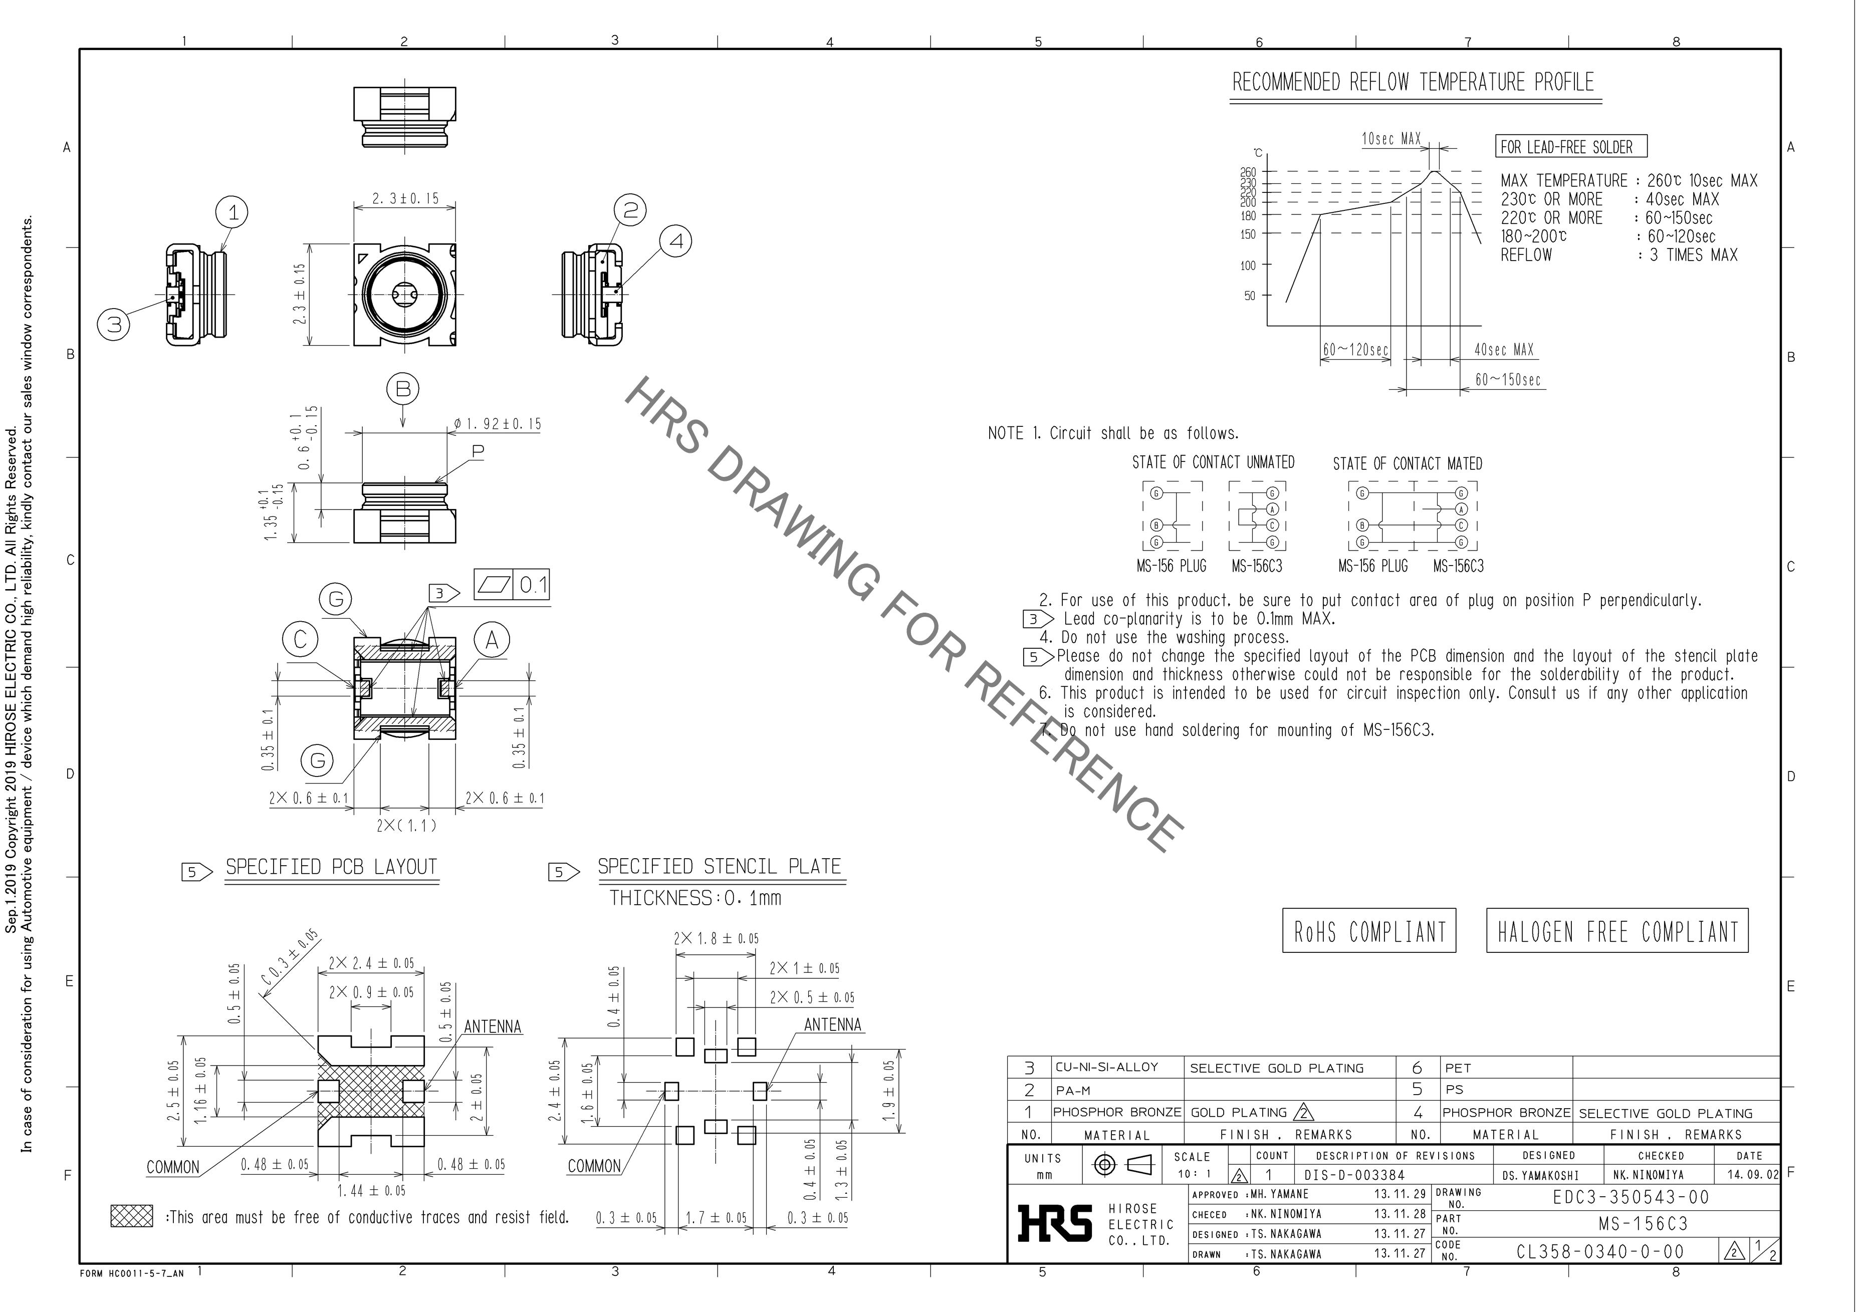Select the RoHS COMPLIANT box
(1368, 931)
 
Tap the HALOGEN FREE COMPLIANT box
(1616, 931)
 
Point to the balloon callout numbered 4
(676, 241)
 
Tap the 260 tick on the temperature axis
(1249, 171)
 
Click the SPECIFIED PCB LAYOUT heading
(331, 867)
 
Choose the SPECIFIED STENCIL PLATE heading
(719, 867)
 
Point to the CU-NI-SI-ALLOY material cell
(1107, 1067)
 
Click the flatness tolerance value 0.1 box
(533, 585)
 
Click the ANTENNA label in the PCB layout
(492, 1026)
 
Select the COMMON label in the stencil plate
(594, 1167)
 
